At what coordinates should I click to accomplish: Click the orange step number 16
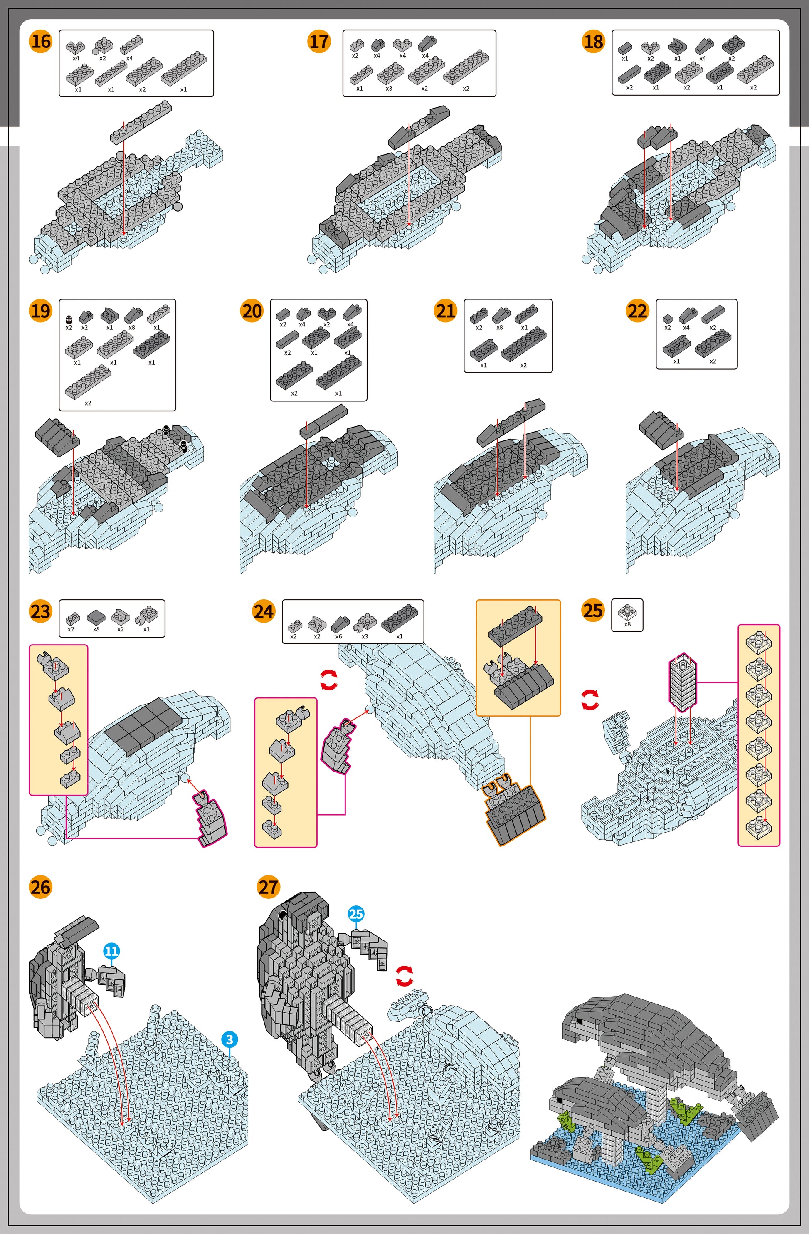[41, 42]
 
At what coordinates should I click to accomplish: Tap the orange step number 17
[319, 42]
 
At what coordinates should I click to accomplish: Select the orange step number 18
[593, 42]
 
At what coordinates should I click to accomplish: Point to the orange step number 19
[41, 311]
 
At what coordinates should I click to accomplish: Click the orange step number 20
[252, 311]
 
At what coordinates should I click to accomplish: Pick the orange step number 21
[446, 311]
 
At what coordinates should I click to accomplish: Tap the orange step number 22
[637, 311]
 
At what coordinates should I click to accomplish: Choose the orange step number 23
[41, 611]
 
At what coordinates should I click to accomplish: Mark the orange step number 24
[264, 611]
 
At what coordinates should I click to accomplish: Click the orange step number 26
[41, 887]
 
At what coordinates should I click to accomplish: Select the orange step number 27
[269, 887]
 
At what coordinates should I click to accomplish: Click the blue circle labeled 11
[112, 951]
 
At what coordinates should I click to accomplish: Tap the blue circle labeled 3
[229, 1040]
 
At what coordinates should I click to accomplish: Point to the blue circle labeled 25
[356, 914]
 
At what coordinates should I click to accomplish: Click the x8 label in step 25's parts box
[628, 624]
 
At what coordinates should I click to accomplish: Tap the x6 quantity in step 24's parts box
[338, 636]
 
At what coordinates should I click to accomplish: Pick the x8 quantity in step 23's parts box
[96, 629]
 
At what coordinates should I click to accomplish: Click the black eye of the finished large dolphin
[580, 1021]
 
